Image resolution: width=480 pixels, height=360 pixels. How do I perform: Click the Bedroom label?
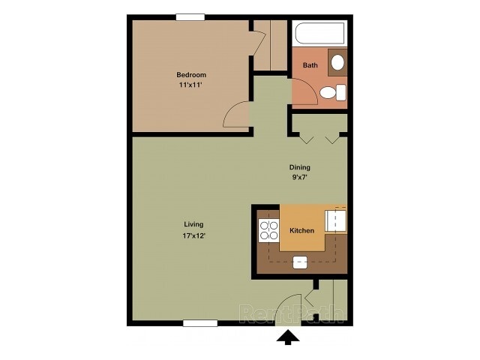point(191,75)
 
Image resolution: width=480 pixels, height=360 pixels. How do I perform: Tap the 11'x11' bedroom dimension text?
point(191,86)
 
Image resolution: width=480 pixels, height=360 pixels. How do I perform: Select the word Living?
point(194,224)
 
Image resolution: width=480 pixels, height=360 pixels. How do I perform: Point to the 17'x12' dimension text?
point(194,235)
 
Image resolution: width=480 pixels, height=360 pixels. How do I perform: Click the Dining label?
point(300,167)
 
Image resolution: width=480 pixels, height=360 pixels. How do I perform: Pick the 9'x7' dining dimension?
point(300,178)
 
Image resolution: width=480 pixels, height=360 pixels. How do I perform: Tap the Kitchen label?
point(301,230)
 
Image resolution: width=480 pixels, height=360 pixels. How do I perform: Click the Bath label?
point(310,65)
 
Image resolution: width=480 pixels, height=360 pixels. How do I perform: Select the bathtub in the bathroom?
point(319,34)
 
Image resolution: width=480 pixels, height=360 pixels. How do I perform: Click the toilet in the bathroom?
point(331,92)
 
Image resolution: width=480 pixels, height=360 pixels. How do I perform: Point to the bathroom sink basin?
point(337,62)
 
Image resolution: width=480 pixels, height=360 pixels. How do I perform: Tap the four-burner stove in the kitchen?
point(268,230)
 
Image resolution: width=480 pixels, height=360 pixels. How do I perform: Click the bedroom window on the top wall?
point(190,16)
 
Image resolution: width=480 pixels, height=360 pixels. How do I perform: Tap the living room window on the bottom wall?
point(200,323)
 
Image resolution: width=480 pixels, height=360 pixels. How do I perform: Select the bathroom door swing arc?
point(307,100)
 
